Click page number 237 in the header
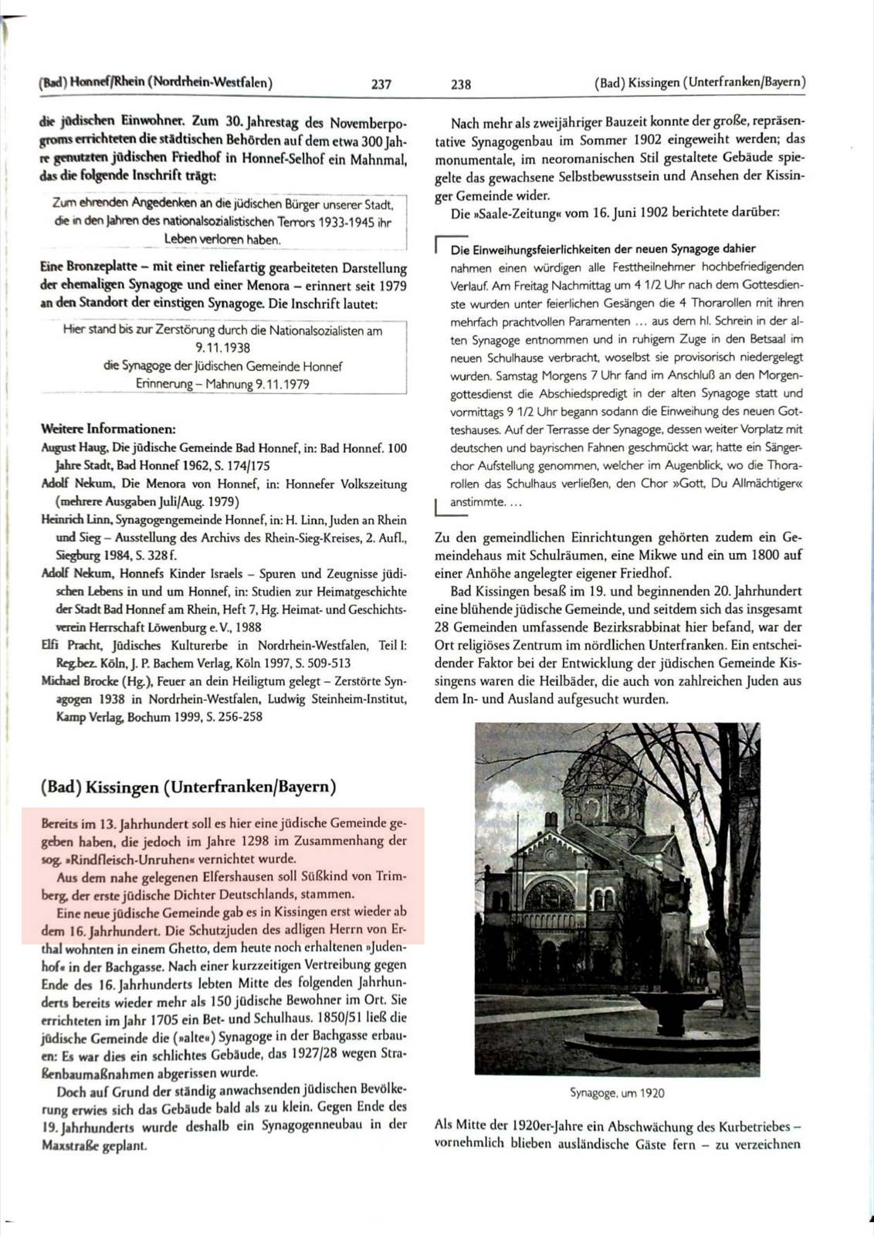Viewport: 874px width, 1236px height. click(x=381, y=84)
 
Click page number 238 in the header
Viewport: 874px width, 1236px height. click(x=461, y=84)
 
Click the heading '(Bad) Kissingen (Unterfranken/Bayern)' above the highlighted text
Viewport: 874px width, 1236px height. click(x=188, y=787)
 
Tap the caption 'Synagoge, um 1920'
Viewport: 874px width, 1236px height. click(x=617, y=1093)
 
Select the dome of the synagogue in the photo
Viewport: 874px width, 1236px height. click(x=595, y=780)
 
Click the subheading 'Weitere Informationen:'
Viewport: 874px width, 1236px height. click(x=108, y=429)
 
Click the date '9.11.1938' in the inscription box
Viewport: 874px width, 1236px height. click(x=222, y=348)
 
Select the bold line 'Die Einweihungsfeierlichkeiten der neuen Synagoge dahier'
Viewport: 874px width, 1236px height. click(x=603, y=249)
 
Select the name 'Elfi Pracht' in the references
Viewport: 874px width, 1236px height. click(x=70, y=645)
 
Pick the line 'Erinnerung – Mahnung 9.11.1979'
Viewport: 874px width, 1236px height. click(x=222, y=384)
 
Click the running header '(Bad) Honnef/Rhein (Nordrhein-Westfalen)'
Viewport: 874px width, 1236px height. click(x=154, y=83)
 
